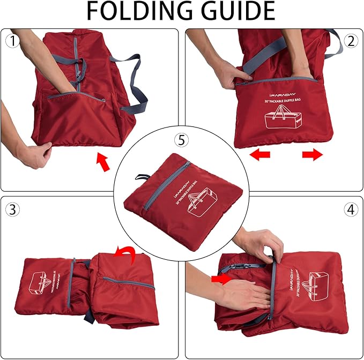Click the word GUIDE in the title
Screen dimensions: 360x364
coord(235,12)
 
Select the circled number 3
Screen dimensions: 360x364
coord(12,209)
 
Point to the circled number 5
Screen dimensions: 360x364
coord(182,141)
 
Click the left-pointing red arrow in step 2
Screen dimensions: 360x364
coord(261,155)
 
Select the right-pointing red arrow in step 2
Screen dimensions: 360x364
coord(312,155)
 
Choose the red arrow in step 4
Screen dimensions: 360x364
coord(221,279)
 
